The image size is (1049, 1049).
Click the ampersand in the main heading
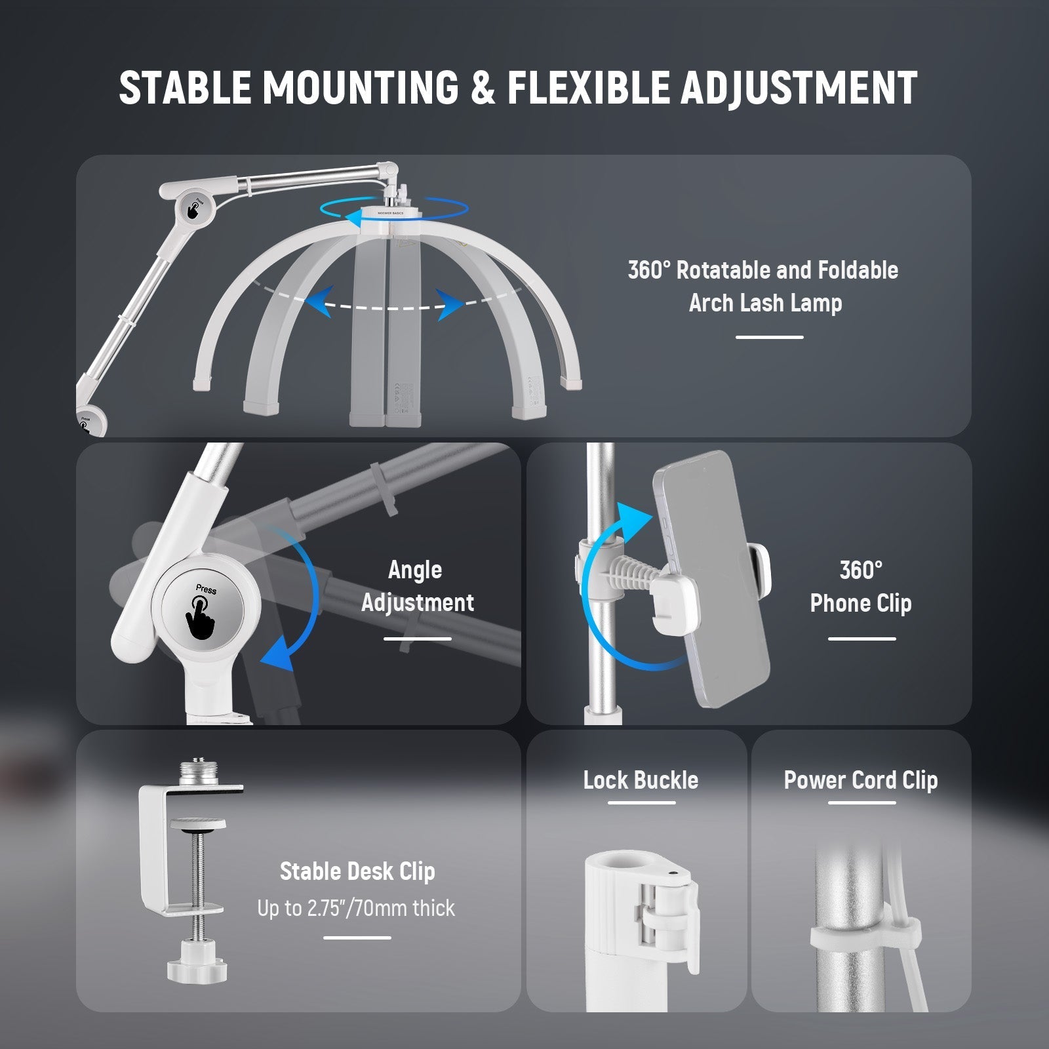point(483,87)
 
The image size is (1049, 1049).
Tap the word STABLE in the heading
point(186,87)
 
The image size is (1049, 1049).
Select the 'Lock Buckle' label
point(641,780)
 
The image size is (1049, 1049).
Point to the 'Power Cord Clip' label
point(861,780)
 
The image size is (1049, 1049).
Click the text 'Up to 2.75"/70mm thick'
point(356,908)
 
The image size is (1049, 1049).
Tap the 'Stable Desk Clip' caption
point(357,871)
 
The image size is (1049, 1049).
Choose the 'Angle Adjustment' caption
point(417,586)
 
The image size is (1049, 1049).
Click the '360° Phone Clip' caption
point(861,586)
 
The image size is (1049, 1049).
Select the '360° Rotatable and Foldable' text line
point(763,269)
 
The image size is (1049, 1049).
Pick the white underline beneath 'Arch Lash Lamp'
point(769,337)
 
